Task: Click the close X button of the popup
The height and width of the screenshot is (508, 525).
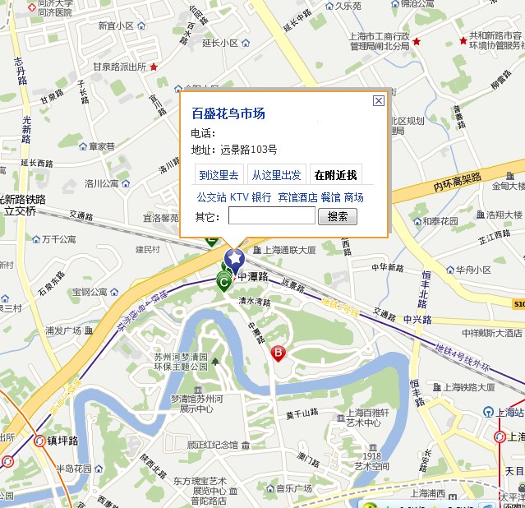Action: click(378, 101)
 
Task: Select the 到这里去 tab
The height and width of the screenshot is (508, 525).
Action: click(219, 175)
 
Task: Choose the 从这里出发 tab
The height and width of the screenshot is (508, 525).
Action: click(276, 175)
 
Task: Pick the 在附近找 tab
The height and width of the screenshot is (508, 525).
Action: click(334, 175)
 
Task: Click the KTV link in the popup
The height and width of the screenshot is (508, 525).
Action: click(238, 197)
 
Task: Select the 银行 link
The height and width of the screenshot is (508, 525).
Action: click(261, 197)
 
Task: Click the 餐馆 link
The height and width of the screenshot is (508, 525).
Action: click(330, 197)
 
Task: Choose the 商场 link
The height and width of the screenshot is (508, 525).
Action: click(353, 197)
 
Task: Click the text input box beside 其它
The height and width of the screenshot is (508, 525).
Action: click(271, 216)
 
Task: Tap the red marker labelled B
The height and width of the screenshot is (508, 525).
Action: click(278, 353)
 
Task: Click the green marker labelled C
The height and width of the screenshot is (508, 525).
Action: click(223, 281)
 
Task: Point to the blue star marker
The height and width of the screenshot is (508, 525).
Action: click(235, 261)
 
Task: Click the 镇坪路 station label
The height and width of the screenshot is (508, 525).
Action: click(62, 441)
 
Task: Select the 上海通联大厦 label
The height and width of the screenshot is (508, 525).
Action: click(289, 250)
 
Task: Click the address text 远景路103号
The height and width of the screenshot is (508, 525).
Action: click(249, 150)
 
